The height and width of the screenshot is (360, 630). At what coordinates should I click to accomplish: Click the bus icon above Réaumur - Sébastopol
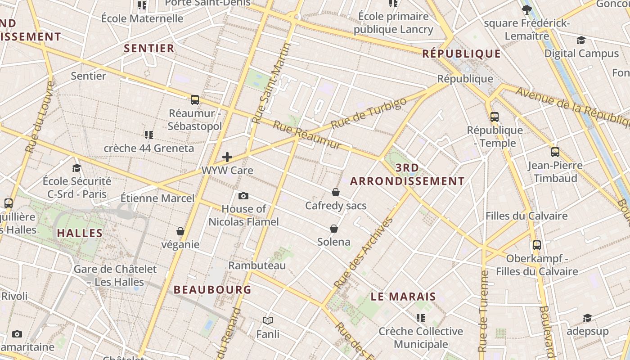(x=194, y=100)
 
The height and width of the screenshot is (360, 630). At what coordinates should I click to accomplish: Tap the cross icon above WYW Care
(x=227, y=157)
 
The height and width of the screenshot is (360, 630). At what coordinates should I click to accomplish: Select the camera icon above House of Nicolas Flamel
(x=243, y=196)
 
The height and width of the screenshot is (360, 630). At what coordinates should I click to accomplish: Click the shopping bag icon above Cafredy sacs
(x=335, y=192)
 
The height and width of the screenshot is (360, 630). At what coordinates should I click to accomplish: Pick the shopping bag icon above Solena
(x=333, y=229)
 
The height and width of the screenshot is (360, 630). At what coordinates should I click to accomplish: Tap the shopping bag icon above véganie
(x=180, y=231)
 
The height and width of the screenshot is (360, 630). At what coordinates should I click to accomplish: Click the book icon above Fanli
(x=268, y=320)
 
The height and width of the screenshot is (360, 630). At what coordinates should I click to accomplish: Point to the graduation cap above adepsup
(x=587, y=318)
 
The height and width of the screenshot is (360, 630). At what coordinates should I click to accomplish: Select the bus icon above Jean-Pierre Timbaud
(x=555, y=152)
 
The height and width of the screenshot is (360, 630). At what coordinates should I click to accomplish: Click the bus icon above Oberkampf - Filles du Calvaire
(x=536, y=245)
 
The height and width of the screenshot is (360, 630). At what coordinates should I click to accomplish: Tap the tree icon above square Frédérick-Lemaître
(x=526, y=10)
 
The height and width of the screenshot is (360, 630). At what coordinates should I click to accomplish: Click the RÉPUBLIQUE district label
(x=461, y=54)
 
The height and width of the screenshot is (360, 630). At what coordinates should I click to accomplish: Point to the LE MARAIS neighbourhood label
(x=403, y=297)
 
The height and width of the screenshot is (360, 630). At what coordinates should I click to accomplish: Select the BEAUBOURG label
(x=212, y=290)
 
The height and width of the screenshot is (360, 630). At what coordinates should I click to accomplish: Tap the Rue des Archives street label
(x=364, y=253)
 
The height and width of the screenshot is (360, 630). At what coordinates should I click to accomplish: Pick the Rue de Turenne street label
(x=483, y=310)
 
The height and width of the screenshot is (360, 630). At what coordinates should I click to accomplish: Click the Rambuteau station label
(x=257, y=265)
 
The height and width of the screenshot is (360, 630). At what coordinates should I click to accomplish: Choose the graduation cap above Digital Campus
(x=581, y=40)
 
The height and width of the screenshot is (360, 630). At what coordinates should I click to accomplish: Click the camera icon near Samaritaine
(x=17, y=334)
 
